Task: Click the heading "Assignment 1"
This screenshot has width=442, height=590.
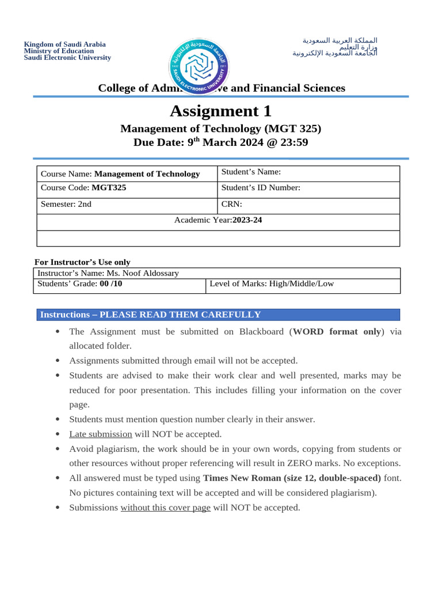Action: coord(220,111)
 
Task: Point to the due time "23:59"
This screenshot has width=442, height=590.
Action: coord(295,142)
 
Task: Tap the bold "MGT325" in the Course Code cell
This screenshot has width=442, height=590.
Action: coord(109,188)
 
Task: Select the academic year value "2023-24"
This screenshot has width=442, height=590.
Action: coord(247,220)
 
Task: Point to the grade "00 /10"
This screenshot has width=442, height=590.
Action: coord(111,284)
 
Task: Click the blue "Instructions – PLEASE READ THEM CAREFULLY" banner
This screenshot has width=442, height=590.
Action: coord(218,315)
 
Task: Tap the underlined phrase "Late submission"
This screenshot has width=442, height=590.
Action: coord(101,434)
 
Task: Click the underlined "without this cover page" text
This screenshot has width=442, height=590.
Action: coord(165,508)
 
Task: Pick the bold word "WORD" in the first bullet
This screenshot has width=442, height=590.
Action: coord(310,331)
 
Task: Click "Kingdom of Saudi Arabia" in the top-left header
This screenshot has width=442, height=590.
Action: coord(64,44)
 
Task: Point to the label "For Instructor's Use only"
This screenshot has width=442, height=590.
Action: coord(82,262)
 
